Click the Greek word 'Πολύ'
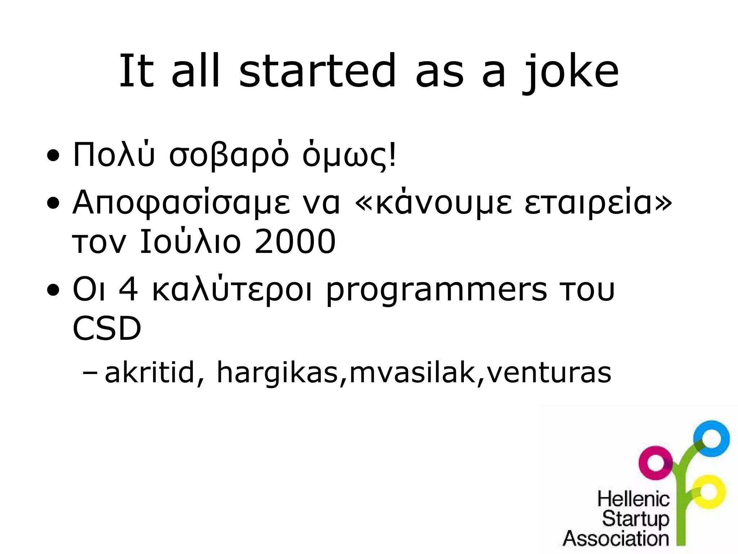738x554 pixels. (x=114, y=155)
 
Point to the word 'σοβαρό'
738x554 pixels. (x=229, y=156)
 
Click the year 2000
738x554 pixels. (x=295, y=242)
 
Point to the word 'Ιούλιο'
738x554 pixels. (x=190, y=241)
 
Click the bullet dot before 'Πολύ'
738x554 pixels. (x=53, y=157)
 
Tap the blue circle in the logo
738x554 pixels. (x=711, y=438)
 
